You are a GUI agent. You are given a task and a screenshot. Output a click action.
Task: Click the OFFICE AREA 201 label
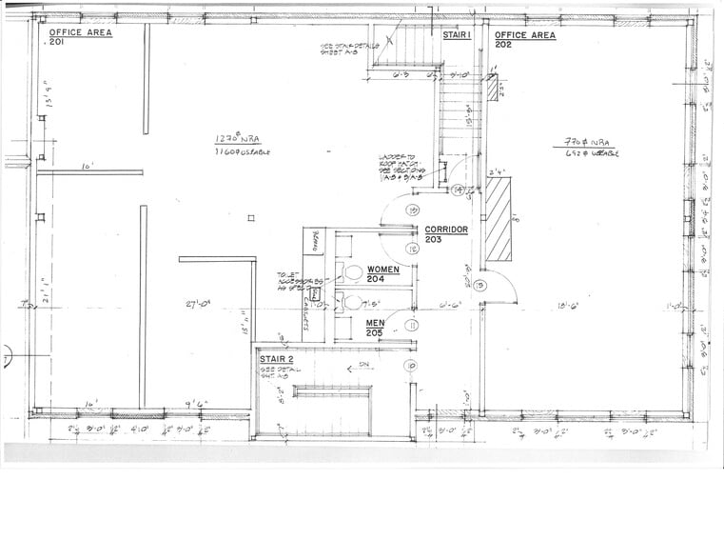pyautogui.click(x=80, y=37)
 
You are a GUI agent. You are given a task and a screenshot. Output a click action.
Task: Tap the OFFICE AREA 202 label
pyautogui.click(x=524, y=39)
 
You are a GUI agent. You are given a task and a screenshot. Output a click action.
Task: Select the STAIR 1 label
pyautogui.click(x=458, y=34)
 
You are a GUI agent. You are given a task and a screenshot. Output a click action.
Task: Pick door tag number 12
pyautogui.click(x=413, y=249)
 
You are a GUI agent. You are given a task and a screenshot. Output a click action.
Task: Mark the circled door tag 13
pyautogui.click(x=413, y=210)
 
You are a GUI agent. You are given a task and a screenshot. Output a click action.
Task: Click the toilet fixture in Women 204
pyautogui.click(x=354, y=273)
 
